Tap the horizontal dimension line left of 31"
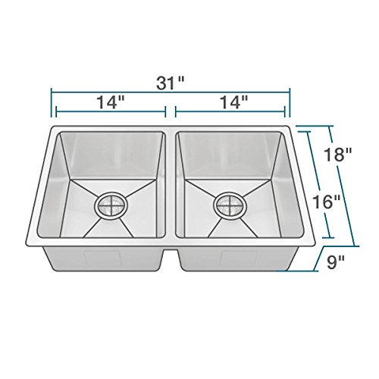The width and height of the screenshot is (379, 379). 99,91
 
